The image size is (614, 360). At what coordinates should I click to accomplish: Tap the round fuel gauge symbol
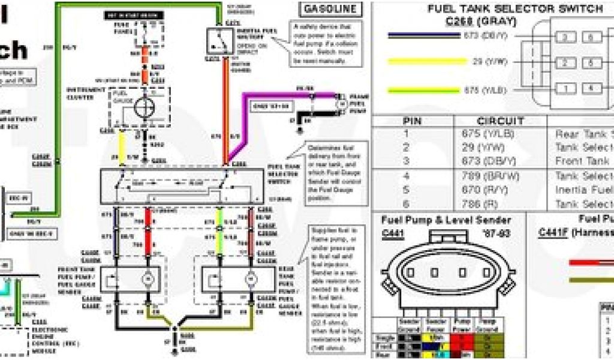(x=145, y=107)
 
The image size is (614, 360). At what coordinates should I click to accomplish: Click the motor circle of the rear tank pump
(x=251, y=279)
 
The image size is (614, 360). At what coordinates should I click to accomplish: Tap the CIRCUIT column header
(x=500, y=121)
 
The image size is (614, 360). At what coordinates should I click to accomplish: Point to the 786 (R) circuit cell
(x=480, y=203)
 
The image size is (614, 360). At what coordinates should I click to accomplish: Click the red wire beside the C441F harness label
(x=591, y=262)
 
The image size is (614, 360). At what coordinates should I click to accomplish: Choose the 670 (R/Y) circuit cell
(x=486, y=190)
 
